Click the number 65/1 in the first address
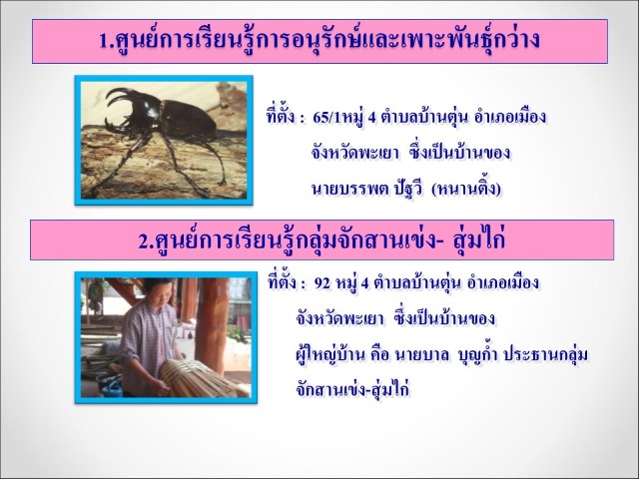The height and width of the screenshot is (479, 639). click(325, 118)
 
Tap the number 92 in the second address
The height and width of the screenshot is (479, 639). click(321, 282)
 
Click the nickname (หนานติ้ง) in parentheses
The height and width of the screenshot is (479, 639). click(466, 189)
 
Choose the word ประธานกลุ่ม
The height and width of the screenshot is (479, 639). click(546, 355)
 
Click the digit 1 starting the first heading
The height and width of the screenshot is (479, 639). click(104, 41)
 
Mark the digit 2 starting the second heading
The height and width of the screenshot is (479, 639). click(144, 241)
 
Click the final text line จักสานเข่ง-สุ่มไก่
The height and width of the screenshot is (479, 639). click(352, 389)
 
